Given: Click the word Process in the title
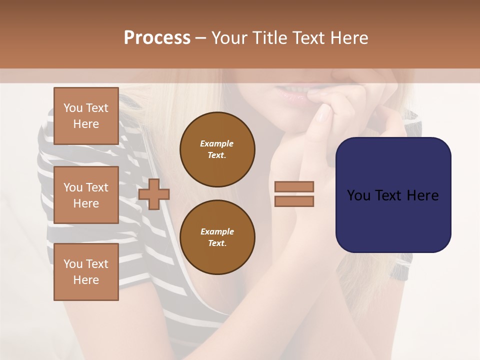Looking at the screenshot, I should tap(157, 38).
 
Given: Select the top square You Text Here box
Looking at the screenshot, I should tap(86, 116).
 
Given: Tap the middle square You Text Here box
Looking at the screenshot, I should tap(86, 195).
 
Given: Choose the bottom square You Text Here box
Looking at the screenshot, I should tap(86, 272).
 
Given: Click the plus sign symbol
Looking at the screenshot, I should tap(154, 194).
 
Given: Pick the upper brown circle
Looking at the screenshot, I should tap(217, 149).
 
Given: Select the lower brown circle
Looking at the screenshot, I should tap(217, 237).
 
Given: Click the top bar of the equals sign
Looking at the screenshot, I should tap(294, 186).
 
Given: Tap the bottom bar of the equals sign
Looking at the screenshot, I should tap(294, 201).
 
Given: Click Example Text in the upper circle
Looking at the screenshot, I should tap(217, 149).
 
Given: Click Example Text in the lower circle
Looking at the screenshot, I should tap(217, 237).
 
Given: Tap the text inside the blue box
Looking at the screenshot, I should tap(393, 195).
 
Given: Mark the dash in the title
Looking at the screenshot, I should tap(201, 38).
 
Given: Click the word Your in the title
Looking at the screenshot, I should tap(230, 38).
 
